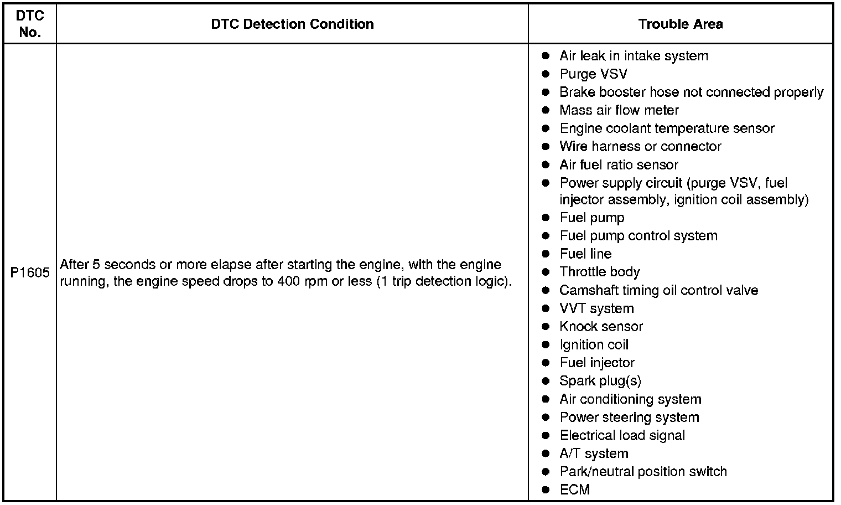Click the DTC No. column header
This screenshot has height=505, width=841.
tap(30, 24)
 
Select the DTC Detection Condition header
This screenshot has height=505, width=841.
tap(292, 24)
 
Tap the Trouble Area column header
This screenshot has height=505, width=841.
tap(680, 24)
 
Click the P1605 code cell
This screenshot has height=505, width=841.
tap(30, 272)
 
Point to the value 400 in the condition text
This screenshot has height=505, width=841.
tap(289, 281)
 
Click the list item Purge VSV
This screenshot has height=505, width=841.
tap(593, 74)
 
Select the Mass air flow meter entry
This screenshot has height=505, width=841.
tap(619, 110)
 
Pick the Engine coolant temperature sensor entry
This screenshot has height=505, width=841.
tap(666, 128)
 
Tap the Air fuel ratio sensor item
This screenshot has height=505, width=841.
tap(618, 165)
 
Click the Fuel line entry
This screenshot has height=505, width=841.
tap(585, 254)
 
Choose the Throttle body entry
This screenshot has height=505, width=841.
tap(599, 272)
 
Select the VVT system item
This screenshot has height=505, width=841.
tap(596, 308)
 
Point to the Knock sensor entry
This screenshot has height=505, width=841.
tap(601, 327)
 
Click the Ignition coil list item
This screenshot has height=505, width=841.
tap(594, 345)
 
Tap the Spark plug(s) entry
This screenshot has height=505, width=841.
tap(600, 381)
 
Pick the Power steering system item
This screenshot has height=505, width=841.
tap(629, 418)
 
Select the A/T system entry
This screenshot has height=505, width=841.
tap(594, 454)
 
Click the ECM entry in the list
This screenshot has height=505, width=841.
tap(575, 490)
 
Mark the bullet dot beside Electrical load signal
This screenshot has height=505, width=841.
tap(546, 436)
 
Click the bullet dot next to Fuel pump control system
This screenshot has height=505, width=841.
tap(546, 236)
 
